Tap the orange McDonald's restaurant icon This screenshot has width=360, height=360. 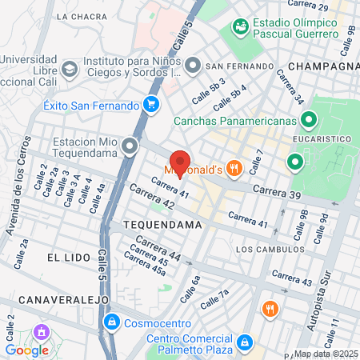click(x=234, y=168)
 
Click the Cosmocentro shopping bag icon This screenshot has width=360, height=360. click(x=112, y=322)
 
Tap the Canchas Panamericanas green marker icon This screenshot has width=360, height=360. click(x=309, y=122)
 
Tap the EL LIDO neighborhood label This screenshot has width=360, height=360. click(x=65, y=258)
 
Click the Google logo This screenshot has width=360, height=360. click(x=27, y=350)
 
